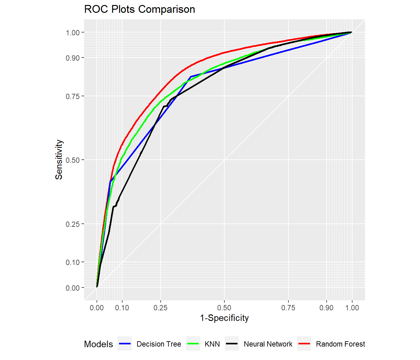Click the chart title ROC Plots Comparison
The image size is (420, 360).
coord(139,9)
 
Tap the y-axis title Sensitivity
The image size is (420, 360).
coord(59,160)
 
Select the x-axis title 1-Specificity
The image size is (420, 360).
coord(224,318)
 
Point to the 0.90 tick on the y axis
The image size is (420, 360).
coord(72,58)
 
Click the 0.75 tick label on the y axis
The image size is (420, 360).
coord(72,97)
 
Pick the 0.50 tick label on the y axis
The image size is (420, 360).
coord(72,160)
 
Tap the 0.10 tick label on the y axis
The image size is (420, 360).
coord(72,262)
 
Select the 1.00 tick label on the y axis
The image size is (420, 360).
coord(72,33)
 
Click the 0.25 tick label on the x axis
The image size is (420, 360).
coord(160,308)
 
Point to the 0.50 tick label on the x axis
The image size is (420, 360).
coord(224,308)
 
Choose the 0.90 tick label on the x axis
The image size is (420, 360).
coord(326,308)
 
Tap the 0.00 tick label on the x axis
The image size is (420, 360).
coord(97,308)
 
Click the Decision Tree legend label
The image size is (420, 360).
coord(159,344)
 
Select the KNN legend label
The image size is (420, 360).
coord(212,344)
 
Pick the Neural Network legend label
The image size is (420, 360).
coord(268,344)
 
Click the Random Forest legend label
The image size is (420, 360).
coord(340,344)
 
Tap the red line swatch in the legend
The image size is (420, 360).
coord(304,344)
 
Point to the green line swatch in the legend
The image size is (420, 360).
coord(193,344)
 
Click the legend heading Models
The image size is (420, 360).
coord(98,344)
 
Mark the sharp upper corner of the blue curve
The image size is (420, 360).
coord(191,77)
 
